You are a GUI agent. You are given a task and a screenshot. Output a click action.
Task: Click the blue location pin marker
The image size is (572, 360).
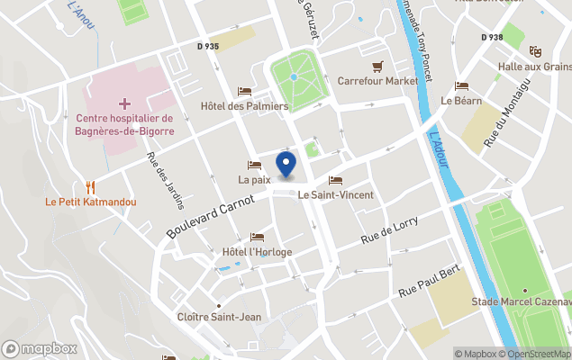[286, 165]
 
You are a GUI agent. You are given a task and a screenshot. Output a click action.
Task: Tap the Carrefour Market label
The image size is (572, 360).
[377, 80]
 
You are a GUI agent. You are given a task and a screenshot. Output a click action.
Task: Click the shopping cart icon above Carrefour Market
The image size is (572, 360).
[377, 66]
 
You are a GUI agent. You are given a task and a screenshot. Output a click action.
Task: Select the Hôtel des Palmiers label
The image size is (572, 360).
[244, 105]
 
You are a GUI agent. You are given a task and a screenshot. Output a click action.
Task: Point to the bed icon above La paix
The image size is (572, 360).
[254, 166]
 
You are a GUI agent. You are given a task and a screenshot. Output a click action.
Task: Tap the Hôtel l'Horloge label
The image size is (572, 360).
[258, 251]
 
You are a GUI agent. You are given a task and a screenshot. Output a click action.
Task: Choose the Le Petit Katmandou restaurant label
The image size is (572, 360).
[91, 202]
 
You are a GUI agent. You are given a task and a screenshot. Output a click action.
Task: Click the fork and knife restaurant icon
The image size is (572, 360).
[90, 187]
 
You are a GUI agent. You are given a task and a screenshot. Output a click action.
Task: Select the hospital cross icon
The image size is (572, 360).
[124, 104]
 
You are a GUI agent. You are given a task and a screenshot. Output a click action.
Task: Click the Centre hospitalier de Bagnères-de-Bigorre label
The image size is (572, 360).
[124, 125]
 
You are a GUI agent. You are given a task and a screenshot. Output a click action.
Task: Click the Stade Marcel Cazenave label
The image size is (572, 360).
[534, 301]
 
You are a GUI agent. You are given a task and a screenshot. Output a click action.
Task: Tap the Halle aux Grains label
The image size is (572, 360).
[539, 67]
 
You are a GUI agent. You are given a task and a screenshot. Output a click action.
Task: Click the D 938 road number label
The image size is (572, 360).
[492, 38]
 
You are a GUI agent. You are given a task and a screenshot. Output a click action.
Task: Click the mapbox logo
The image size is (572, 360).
[40, 348]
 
